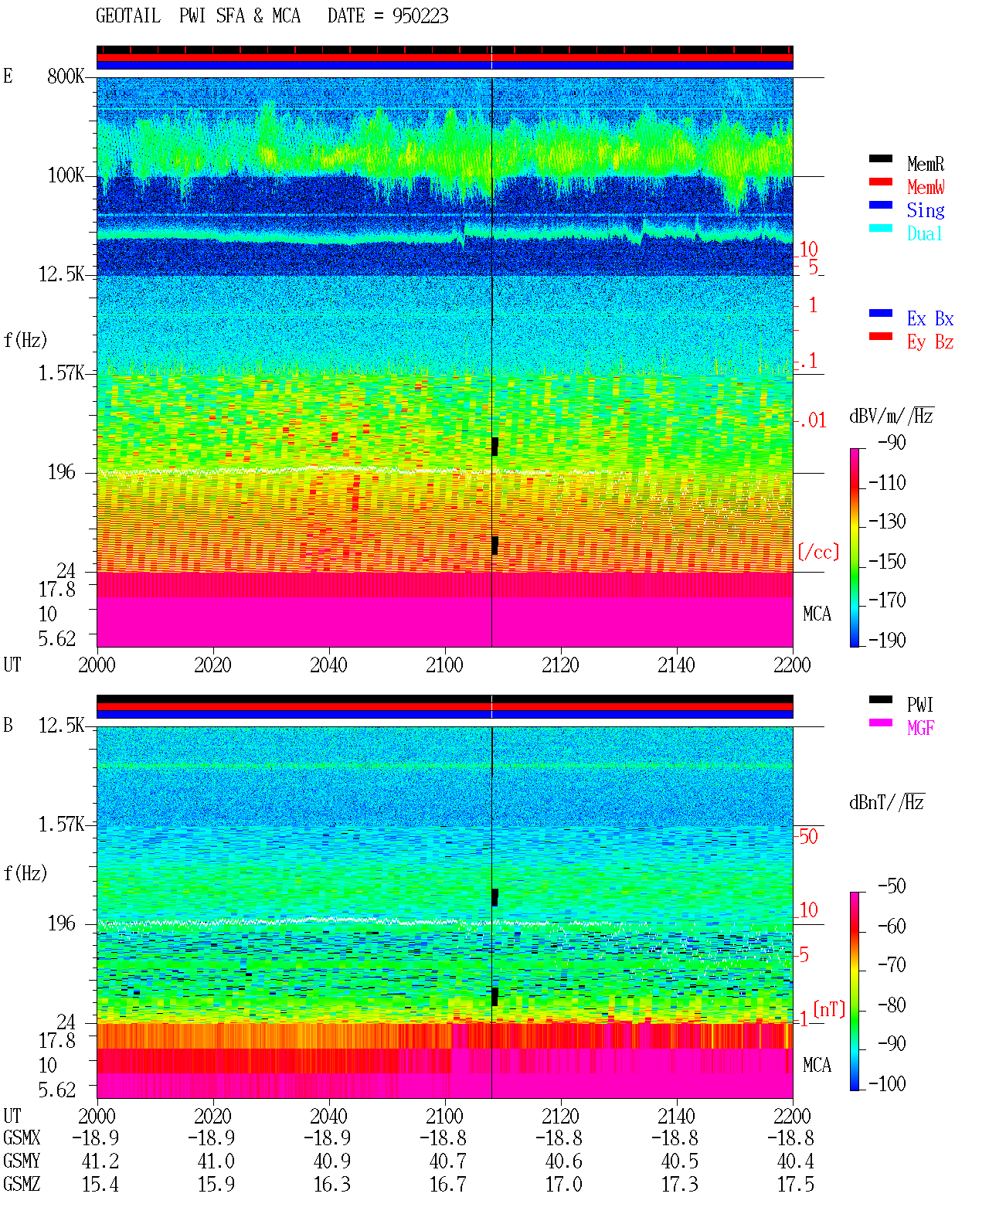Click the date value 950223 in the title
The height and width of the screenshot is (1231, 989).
(420, 16)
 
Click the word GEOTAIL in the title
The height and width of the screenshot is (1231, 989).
(128, 16)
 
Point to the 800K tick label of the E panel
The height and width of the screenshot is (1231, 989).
(65, 76)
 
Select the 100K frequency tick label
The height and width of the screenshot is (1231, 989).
(65, 175)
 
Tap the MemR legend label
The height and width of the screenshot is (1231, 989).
(925, 164)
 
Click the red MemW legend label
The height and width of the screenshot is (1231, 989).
(925, 186)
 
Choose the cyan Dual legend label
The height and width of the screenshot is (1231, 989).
(924, 233)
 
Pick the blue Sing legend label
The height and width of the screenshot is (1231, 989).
(925, 210)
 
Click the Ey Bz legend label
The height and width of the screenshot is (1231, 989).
(930, 342)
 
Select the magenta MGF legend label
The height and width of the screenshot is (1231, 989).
(920, 728)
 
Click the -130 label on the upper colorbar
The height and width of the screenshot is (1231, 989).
(887, 521)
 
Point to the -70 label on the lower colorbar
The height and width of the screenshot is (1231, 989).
(892, 964)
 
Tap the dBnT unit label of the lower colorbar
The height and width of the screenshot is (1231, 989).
(887, 802)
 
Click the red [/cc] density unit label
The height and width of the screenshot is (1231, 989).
(818, 552)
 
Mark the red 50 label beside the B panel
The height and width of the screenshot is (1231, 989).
(808, 836)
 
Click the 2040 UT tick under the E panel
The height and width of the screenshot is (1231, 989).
(328, 665)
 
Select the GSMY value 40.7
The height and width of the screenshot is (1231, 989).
(448, 1161)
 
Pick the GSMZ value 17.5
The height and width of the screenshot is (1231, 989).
(795, 1184)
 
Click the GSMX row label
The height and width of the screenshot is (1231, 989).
(22, 1137)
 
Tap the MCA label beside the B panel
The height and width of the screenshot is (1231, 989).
(817, 1065)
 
